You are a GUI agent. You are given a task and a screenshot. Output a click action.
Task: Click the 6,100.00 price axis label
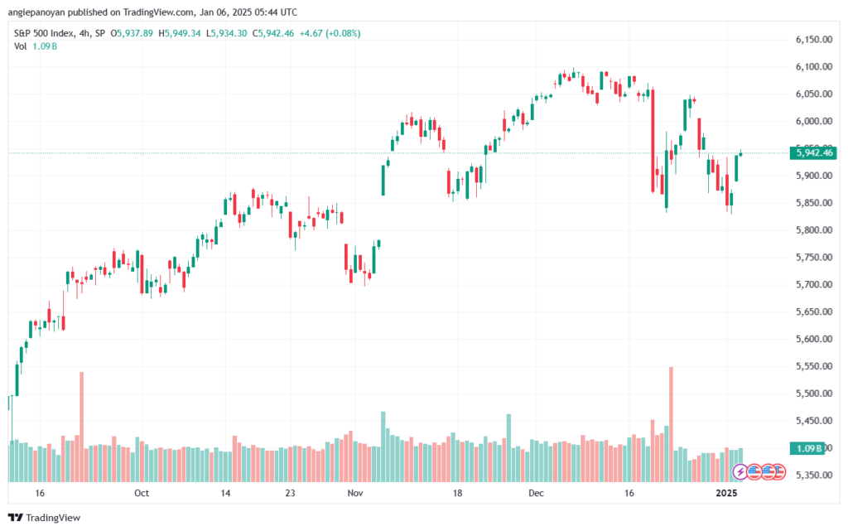813,66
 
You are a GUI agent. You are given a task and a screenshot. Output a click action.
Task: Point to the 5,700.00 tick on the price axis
813,284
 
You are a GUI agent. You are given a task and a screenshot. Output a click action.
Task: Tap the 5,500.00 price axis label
813,393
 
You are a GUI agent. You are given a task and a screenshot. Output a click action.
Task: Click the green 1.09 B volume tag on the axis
807,448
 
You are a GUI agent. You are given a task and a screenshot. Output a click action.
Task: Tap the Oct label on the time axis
141,493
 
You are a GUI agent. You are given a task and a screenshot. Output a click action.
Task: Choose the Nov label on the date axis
354,493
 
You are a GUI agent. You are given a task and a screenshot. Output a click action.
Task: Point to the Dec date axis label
536,493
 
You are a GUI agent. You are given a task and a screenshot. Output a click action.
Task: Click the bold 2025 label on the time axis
726,493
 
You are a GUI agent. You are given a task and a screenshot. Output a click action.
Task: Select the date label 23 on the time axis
291,493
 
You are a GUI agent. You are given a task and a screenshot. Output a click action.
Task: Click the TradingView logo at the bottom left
45,518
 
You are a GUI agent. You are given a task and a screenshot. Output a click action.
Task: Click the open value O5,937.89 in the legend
132,33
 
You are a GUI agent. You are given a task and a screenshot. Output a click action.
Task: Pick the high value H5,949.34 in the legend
180,33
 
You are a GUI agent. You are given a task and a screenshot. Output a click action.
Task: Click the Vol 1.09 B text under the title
36,46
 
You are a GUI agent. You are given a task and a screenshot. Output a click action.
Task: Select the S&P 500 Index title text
44,33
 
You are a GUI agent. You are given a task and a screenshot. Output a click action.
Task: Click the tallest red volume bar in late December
671,424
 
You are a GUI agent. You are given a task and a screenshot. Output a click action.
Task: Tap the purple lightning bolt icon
740,472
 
